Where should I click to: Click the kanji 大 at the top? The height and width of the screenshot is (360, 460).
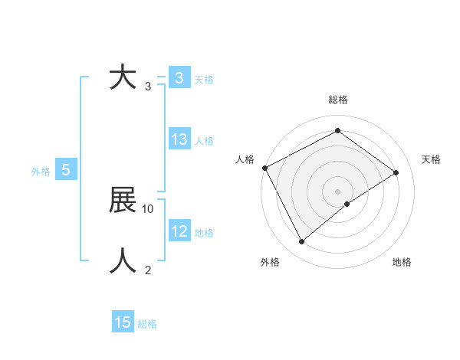123,78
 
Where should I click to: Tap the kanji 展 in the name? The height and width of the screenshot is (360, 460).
123,201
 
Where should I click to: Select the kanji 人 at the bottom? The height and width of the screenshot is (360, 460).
123,260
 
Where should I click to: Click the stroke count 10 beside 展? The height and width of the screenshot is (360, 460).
148,208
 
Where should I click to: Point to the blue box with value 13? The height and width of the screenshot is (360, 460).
179,139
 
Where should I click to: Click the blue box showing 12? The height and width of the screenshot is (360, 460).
179,231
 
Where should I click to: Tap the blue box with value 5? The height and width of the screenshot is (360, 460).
66,171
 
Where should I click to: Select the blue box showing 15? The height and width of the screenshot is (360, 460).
123,322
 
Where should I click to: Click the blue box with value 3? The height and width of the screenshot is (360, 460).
179,78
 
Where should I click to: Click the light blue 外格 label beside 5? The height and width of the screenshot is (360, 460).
41,172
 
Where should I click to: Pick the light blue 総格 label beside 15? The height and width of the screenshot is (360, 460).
147,324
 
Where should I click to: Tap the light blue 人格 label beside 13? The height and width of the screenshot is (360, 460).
204,141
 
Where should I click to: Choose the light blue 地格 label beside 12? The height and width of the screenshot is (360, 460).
204,233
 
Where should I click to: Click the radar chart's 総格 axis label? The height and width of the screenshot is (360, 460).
337,100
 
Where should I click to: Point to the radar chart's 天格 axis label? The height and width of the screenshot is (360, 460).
431,159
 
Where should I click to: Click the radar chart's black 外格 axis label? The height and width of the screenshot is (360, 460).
270,263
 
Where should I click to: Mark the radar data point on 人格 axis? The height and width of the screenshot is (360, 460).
264,167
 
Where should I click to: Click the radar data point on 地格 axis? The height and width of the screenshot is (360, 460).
347,204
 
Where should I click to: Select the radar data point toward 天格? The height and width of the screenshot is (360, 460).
396,172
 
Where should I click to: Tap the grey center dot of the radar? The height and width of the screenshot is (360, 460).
337,191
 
